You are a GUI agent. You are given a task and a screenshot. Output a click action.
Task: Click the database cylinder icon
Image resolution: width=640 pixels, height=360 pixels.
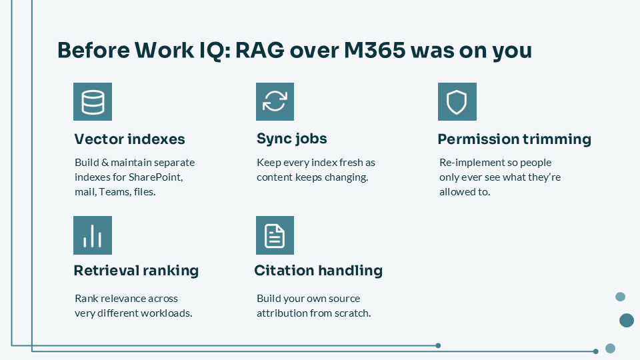[x=93, y=101]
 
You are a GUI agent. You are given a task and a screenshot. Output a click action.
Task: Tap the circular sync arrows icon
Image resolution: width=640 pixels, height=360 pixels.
[x=275, y=101]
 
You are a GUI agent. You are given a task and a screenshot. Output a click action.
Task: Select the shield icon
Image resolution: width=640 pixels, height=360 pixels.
[x=457, y=101]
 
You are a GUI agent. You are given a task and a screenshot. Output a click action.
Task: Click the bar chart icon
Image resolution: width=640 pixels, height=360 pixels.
[x=93, y=235]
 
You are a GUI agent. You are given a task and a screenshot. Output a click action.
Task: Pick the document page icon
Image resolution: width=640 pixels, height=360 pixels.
[x=275, y=235]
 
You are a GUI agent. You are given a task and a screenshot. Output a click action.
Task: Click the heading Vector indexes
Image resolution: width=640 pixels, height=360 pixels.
[x=130, y=139]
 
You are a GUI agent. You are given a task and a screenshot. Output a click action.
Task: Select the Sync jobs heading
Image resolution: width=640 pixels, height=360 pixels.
[x=292, y=139]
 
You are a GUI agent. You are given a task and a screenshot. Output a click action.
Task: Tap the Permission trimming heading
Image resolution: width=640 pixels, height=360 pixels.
[x=514, y=139]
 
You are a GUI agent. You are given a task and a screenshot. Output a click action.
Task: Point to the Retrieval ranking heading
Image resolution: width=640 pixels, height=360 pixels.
[x=136, y=271]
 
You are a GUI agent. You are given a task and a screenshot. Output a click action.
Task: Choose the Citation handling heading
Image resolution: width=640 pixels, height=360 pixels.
[x=319, y=271]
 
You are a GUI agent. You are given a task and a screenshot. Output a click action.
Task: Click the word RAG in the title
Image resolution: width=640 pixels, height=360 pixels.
[x=259, y=51]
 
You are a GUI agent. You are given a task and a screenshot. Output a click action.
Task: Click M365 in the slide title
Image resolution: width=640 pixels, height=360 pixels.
[x=375, y=51]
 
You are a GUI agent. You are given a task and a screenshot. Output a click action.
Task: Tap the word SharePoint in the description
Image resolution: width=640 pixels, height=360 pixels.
[x=155, y=177]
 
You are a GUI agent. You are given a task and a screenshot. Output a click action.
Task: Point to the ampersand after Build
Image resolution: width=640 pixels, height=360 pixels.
[x=105, y=163]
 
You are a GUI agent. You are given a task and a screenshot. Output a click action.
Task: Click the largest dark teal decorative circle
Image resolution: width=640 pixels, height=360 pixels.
[x=627, y=321]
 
